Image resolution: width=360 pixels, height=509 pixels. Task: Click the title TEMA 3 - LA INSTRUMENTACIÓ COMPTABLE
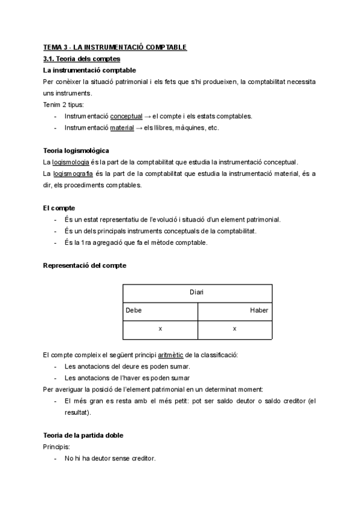click(115, 47)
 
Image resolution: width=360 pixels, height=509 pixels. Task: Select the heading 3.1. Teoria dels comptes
click(82, 59)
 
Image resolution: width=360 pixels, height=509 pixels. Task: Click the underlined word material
click(122, 127)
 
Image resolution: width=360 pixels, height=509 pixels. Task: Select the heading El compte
click(59, 208)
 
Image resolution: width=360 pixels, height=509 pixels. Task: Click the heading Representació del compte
click(85, 265)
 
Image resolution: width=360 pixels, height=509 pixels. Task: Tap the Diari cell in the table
click(197, 292)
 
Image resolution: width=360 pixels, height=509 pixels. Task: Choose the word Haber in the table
click(259, 311)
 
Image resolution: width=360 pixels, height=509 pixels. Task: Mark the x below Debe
click(160, 329)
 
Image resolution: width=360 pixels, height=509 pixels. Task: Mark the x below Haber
click(234, 329)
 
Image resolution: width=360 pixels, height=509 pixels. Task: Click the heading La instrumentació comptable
click(85, 70)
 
